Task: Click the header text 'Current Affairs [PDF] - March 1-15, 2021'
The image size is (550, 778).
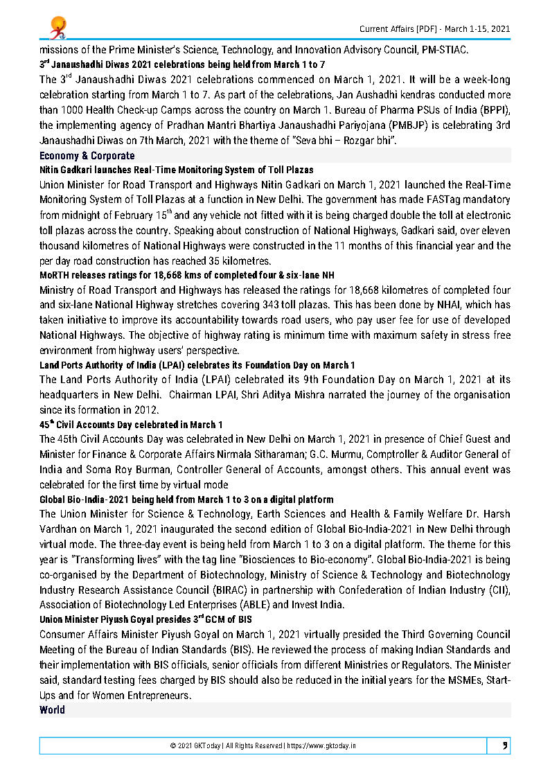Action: click(x=434, y=28)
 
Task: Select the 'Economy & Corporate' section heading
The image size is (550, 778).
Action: click(x=87, y=156)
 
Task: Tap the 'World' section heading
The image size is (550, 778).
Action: click(x=52, y=709)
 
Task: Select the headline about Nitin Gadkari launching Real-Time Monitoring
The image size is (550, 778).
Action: click(x=176, y=170)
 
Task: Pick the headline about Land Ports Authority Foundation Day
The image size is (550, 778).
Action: click(x=197, y=365)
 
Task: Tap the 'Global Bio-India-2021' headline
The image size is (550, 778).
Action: click(x=186, y=499)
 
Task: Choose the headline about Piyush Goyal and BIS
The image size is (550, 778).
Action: click(x=145, y=619)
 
